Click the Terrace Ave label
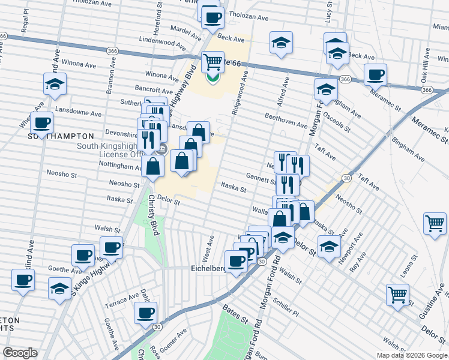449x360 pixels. (122, 298)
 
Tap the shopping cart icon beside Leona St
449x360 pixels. (397, 295)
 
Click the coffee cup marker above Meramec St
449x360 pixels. (375, 75)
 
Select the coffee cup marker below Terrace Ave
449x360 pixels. (145, 313)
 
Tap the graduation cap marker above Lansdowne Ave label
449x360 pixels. (55, 84)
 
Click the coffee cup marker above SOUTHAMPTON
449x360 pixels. (41, 122)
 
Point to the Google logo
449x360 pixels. (20, 353)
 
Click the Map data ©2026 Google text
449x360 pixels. (412, 355)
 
